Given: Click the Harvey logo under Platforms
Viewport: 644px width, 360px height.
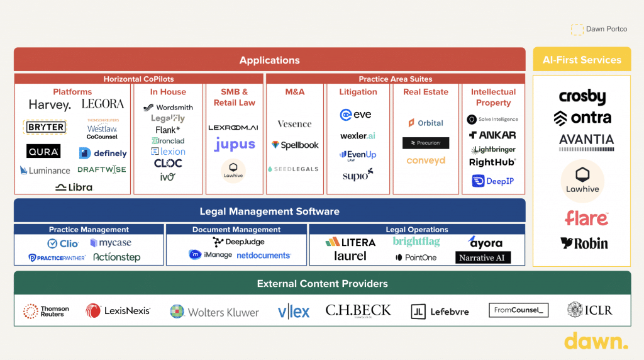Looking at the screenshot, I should point(50,104).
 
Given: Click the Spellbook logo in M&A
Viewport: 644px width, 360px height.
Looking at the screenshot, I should point(295,145).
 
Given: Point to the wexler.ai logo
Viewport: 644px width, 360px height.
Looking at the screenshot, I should point(358,136).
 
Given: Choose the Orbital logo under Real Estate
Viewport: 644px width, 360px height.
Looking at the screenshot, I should point(426,123).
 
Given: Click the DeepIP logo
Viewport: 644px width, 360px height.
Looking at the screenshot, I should point(493,181).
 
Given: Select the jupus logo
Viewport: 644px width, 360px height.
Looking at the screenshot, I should point(235,144).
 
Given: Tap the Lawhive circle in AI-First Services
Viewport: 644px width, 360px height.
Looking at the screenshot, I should point(582,181).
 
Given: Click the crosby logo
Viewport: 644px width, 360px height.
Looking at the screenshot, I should point(582,98).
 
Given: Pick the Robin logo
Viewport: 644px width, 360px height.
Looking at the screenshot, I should point(584,243).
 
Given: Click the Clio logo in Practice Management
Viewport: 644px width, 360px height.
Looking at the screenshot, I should point(63,244).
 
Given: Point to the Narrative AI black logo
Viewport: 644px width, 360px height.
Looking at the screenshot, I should point(483,257).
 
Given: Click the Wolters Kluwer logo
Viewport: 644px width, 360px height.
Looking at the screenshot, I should point(214,312).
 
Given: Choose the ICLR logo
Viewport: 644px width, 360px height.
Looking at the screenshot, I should point(589,310).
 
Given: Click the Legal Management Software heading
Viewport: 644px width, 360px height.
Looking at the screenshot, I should point(269,211).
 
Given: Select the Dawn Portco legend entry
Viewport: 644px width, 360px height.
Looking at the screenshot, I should point(599,29).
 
